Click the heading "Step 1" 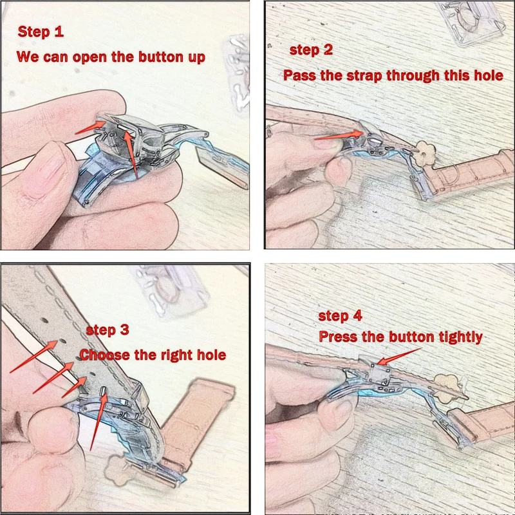tap(41, 32)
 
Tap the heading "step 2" tap(311, 50)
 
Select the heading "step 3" tap(108, 330)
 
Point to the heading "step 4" tap(341, 315)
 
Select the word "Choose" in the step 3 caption tap(105, 355)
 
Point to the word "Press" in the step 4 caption tap(337, 337)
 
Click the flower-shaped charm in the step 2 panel tap(426, 153)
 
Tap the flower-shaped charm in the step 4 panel tap(446, 388)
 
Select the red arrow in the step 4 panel tap(398, 357)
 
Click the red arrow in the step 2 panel tap(339, 135)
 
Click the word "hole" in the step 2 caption tap(489, 76)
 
